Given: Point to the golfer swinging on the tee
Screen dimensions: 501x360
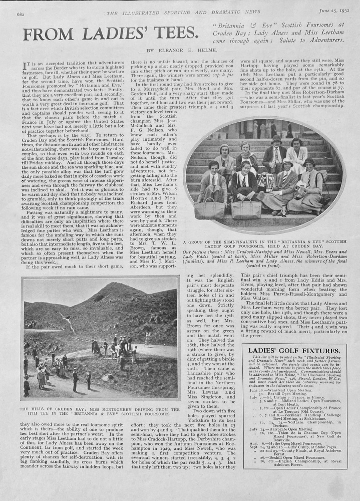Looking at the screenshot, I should click(x=146, y=340).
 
